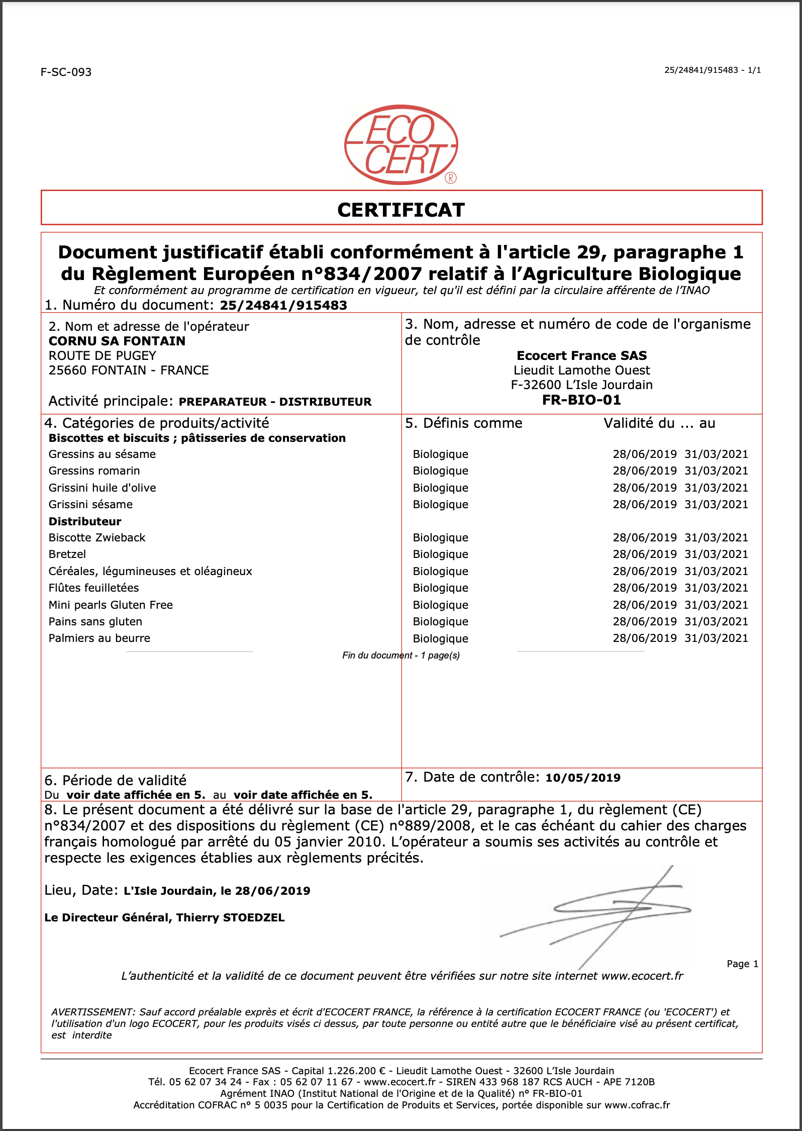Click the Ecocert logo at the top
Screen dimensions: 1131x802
point(400,145)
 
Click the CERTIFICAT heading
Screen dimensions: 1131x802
point(400,210)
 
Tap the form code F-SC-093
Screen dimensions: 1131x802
point(66,72)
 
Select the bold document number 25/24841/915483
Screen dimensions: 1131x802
point(283,305)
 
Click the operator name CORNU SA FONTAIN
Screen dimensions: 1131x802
point(117,341)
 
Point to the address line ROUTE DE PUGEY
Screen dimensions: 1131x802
point(102,355)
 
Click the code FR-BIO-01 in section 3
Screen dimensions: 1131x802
point(581,400)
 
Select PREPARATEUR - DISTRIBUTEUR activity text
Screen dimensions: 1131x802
point(275,402)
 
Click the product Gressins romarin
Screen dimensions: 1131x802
point(94,470)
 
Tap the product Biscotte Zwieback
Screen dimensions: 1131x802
point(96,537)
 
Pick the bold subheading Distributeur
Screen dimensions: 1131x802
point(84,521)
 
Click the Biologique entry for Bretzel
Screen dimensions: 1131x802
point(440,554)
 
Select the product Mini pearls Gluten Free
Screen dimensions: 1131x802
point(111,605)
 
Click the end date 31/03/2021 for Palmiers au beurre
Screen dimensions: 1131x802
point(716,638)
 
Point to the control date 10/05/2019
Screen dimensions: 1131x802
point(583,778)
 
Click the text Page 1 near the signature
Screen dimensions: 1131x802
point(742,964)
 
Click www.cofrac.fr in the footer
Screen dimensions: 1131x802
point(637,1105)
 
